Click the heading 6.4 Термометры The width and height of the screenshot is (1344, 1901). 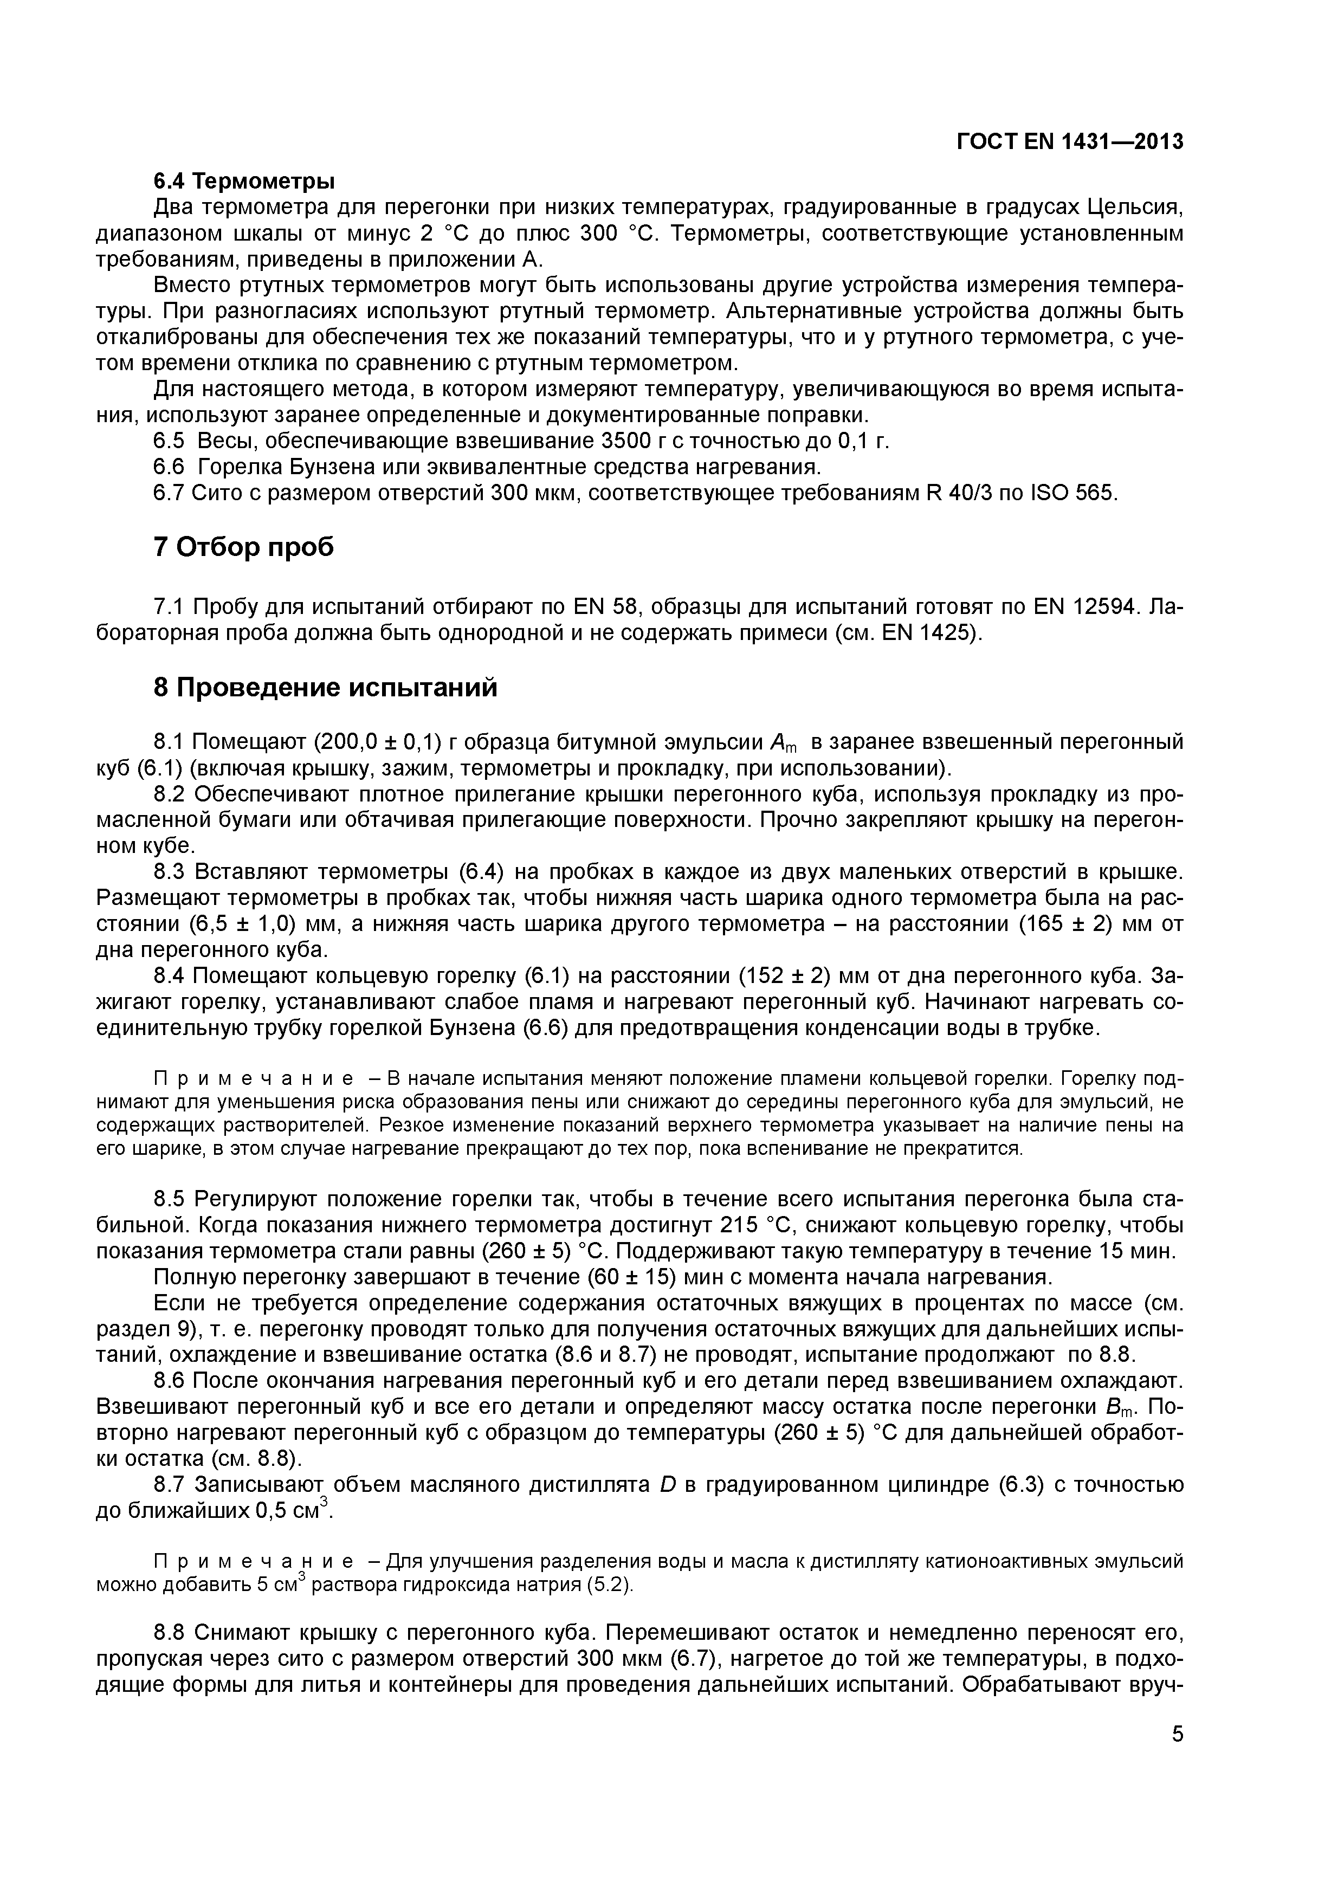(x=244, y=180)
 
